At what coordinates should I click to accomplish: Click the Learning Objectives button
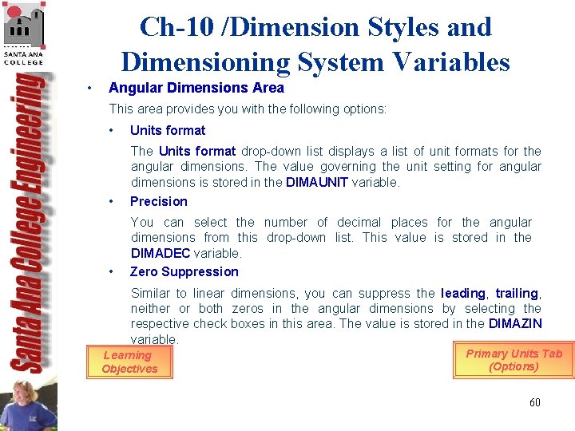[129, 362]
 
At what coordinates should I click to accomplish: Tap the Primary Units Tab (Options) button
[514, 360]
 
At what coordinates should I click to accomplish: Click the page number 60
[534, 402]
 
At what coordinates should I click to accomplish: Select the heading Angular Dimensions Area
[196, 88]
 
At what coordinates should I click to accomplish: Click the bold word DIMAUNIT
[317, 182]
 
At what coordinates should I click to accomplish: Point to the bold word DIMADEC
[161, 253]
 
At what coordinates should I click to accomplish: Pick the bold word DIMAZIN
[515, 323]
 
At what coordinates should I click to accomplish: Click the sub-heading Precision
[158, 201]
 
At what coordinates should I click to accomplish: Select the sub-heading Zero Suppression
[184, 271]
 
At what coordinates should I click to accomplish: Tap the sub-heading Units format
[167, 130]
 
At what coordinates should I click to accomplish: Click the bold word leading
[462, 293]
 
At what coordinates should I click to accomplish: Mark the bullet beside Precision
[112, 201]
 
